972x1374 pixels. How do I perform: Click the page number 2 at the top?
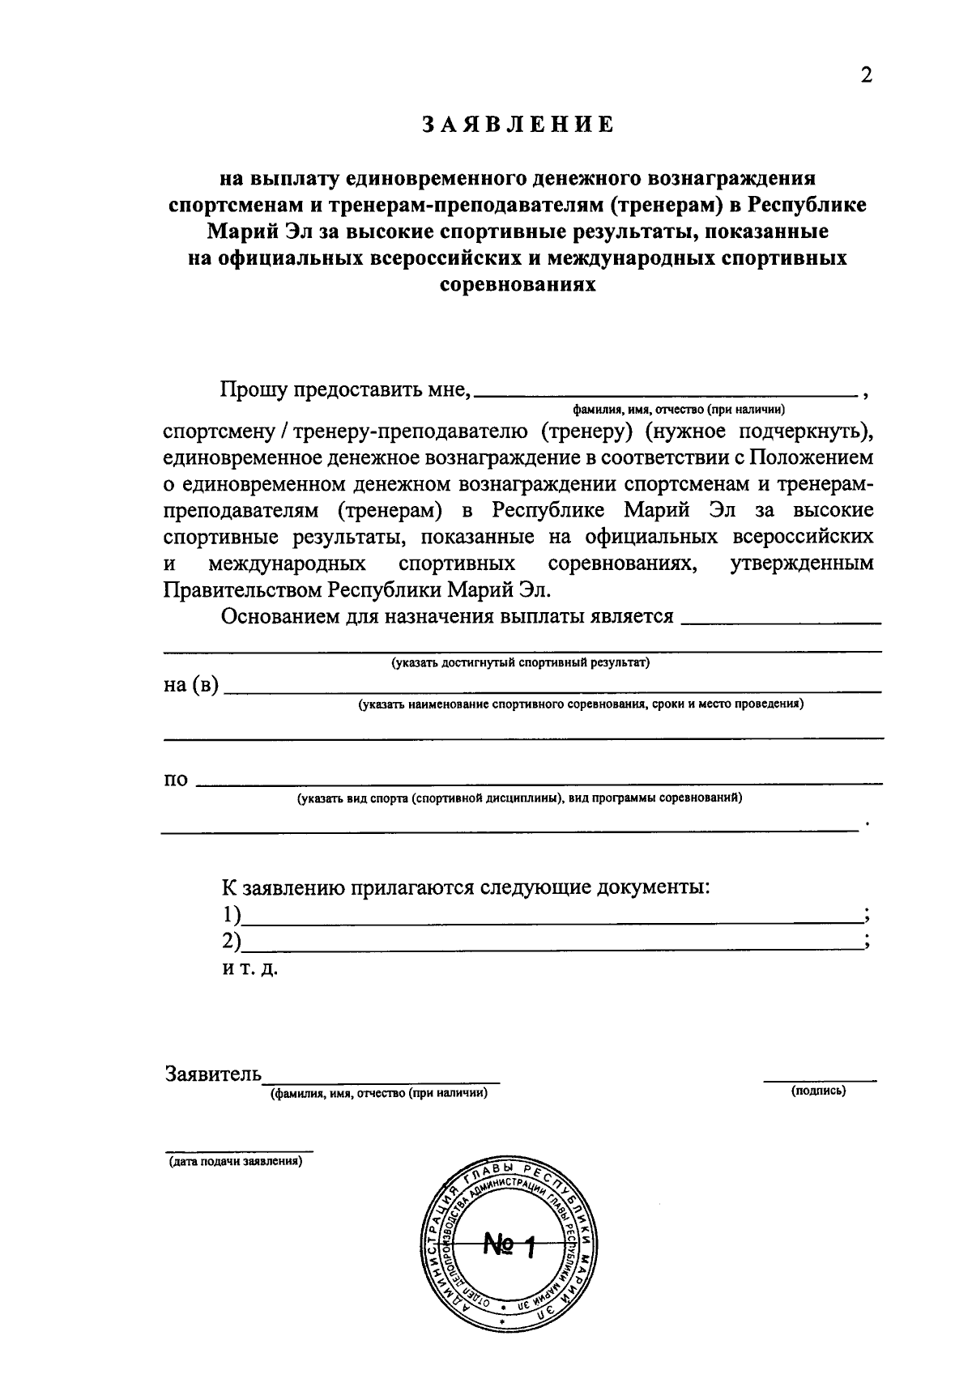pyautogui.click(x=865, y=75)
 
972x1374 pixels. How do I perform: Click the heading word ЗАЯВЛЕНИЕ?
pyautogui.click(x=518, y=125)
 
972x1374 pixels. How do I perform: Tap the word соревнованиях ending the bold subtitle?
pyautogui.click(x=518, y=285)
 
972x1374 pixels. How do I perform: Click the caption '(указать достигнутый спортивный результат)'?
pyautogui.click(x=521, y=663)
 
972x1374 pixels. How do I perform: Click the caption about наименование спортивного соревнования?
pyautogui.click(x=581, y=704)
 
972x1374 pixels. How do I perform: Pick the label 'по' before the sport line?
pyautogui.click(x=176, y=780)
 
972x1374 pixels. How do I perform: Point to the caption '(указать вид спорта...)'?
pyautogui.click(x=519, y=798)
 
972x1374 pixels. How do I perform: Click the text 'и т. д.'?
pyautogui.click(x=250, y=968)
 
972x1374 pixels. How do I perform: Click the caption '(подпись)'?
pyautogui.click(x=819, y=1091)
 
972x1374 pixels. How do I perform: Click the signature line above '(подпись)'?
pyautogui.click(x=820, y=1080)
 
